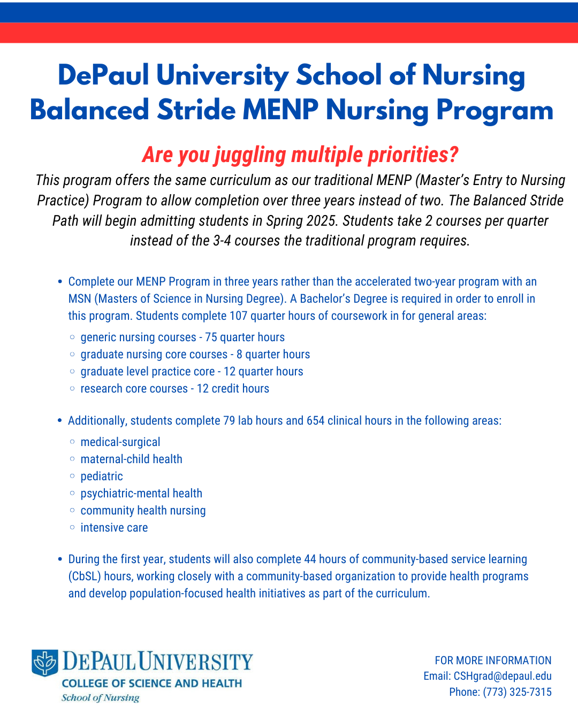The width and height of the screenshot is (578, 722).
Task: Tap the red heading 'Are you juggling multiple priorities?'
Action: tap(300, 155)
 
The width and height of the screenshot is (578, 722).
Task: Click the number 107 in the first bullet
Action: tap(238, 316)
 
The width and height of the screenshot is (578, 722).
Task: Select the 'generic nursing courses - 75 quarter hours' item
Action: tap(182, 337)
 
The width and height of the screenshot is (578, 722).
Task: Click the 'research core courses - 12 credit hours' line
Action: tap(174, 389)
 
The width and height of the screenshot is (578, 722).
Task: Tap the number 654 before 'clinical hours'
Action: tap(315, 421)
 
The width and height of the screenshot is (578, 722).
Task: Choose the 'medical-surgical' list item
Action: tap(120, 442)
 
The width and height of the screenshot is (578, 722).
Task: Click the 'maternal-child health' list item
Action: tap(131, 459)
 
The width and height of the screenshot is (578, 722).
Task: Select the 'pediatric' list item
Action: tap(102, 477)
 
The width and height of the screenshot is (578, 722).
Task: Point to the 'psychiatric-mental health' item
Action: tap(141, 494)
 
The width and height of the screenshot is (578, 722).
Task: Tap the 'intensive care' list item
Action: tap(114, 528)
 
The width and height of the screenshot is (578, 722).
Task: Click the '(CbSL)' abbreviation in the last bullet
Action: tap(85, 577)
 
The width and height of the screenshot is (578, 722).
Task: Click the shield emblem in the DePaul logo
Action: tap(45, 663)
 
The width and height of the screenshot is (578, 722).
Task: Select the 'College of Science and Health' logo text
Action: tap(152, 683)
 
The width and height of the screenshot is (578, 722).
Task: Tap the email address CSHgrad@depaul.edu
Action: tap(503, 676)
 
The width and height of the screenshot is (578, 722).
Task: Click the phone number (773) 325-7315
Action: tap(517, 692)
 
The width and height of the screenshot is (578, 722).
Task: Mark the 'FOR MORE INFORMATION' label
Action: tap(493, 660)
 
